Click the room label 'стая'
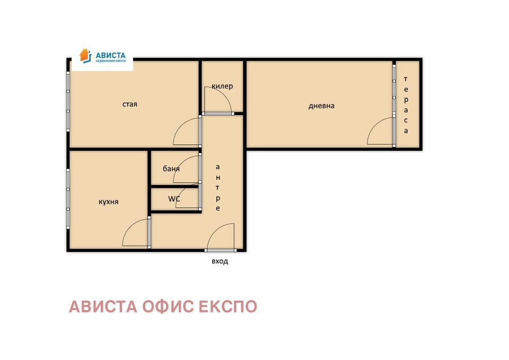tap(130, 104)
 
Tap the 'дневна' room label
tap(321, 106)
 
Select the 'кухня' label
tap(109, 202)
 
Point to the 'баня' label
tap(171, 169)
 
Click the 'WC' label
tap(174, 199)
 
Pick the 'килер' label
tap(222, 86)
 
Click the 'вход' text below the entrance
tap(220, 261)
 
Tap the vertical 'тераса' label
tap(406, 105)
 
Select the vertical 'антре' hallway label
tap(217, 188)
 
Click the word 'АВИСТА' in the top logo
tap(110, 55)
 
